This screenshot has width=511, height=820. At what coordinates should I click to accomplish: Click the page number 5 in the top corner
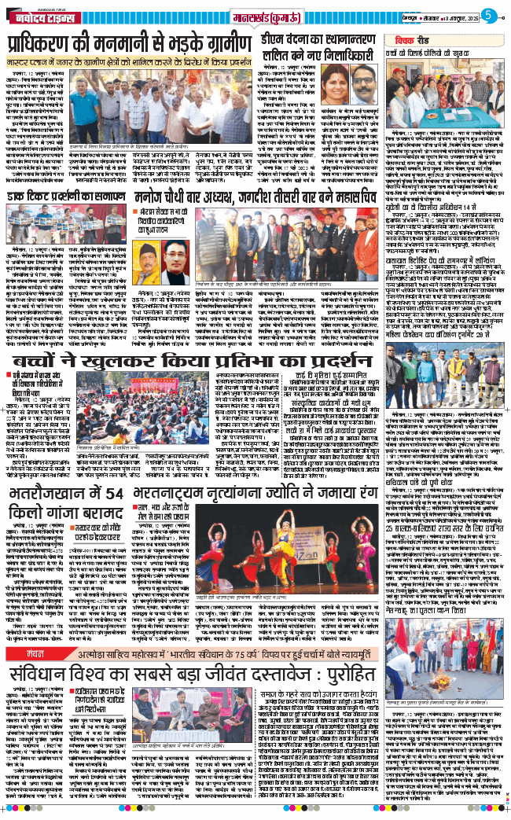[487, 13]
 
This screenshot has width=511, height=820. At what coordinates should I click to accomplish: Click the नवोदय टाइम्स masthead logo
[38, 14]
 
